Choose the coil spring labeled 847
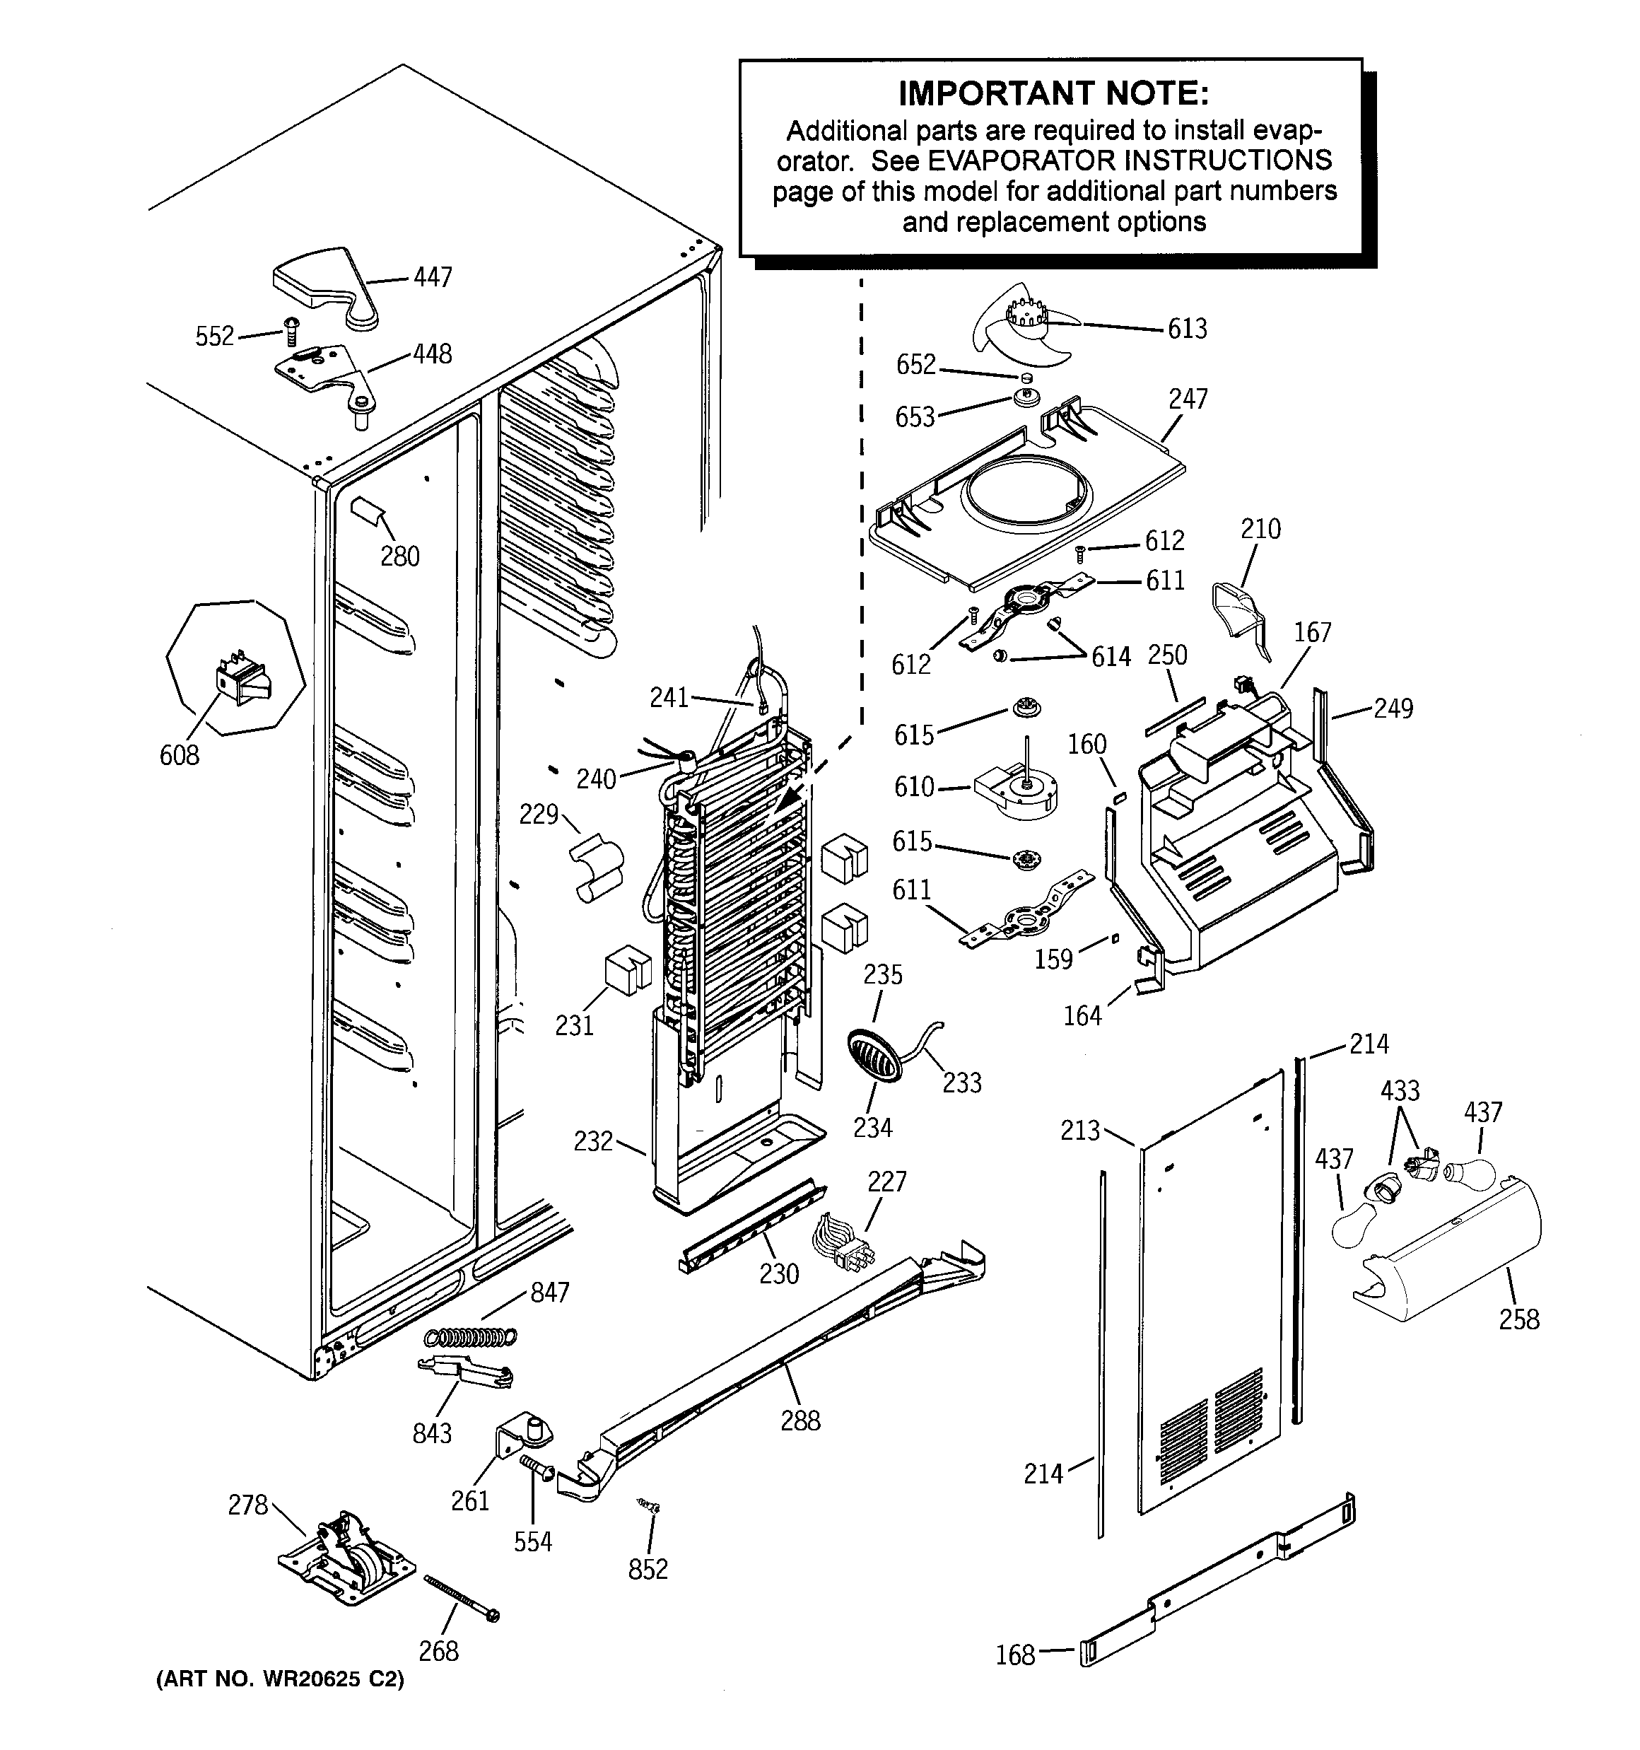[471, 1336]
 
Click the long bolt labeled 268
[462, 1598]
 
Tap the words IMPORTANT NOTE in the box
[1053, 93]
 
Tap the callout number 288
[800, 1420]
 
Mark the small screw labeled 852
[650, 1508]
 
